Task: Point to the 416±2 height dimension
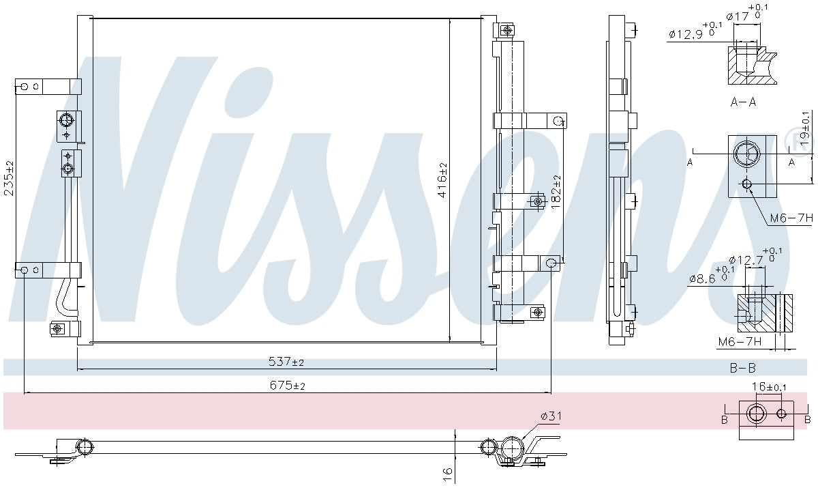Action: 442,180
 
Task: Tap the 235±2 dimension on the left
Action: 9,178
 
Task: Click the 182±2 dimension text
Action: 556,192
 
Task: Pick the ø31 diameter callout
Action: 551,416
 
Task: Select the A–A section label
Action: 743,102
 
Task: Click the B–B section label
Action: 742,368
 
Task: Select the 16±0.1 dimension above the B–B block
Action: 768,387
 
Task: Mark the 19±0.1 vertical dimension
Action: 806,127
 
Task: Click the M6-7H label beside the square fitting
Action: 791,218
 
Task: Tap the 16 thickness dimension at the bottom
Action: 447,471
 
